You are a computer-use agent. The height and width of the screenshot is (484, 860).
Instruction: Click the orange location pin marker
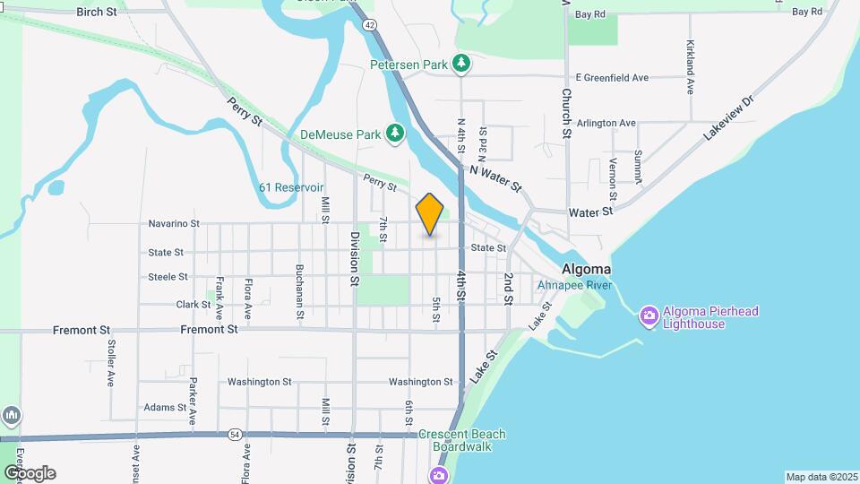[430, 213]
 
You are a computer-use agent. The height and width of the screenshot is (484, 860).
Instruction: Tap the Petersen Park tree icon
[461, 64]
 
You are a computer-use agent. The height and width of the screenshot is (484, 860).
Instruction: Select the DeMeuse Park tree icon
[394, 134]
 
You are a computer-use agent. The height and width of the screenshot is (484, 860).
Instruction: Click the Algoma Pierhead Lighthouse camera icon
[649, 316]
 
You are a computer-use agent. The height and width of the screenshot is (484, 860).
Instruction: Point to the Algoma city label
[586, 269]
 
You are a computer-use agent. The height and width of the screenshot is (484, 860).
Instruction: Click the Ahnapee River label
[573, 285]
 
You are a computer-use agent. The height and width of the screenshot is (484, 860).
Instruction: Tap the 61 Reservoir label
[290, 187]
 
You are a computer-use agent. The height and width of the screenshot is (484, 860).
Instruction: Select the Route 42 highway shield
[370, 25]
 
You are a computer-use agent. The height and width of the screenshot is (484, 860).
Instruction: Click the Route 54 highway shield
[234, 434]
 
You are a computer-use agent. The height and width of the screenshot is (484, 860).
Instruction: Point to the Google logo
[30, 472]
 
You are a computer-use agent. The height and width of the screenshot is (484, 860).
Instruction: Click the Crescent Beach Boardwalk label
[462, 440]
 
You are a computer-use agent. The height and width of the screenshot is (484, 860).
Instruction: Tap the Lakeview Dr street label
[729, 117]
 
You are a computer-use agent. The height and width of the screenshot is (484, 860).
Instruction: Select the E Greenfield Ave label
[612, 78]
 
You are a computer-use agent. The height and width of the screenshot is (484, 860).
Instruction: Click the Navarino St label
[174, 223]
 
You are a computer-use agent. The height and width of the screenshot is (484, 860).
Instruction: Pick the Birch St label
[97, 12]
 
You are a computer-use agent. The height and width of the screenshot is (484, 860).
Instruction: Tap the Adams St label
[164, 407]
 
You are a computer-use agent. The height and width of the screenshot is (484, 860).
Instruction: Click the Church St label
[566, 112]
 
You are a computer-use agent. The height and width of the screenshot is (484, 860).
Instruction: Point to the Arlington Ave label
[606, 123]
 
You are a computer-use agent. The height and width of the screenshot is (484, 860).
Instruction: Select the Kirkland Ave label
[691, 67]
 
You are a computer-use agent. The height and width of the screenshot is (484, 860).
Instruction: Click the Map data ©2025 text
[821, 476]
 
